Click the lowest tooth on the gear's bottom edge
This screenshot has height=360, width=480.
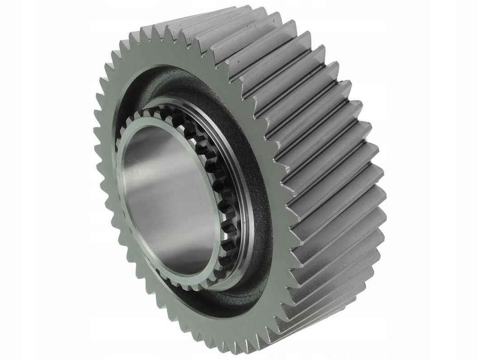tap(235, 350)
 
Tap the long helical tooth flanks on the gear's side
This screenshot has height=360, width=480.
tap(325, 158)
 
